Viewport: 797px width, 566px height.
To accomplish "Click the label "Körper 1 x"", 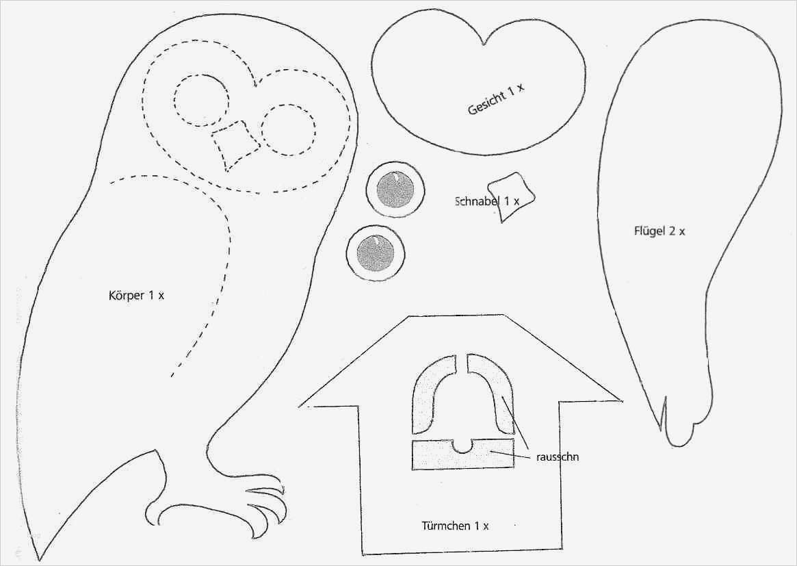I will (136, 296).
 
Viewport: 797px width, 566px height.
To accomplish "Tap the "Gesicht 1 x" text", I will (495, 100).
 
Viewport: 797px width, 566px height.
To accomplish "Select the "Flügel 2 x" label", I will (659, 231).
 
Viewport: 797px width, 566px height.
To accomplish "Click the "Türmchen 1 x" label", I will (455, 526).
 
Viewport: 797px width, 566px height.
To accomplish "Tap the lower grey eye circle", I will (376, 253).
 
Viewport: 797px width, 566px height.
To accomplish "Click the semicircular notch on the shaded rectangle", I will (464, 446).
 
